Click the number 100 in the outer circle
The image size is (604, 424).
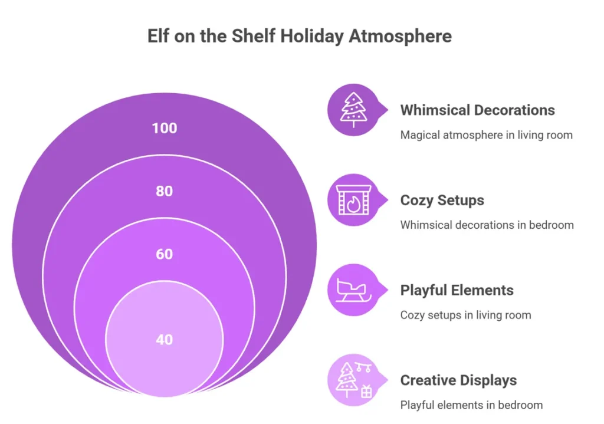point(165,128)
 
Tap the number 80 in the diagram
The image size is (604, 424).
point(165,191)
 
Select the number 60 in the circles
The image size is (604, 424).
point(165,254)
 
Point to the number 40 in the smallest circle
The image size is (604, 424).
point(165,340)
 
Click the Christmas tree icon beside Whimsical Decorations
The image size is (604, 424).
point(354,110)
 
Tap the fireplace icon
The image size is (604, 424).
point(354,200)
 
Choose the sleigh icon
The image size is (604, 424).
point(353,290)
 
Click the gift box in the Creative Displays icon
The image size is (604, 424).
point(366,392)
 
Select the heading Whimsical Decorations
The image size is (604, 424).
point(477,110)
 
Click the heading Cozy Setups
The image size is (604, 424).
point(442,201)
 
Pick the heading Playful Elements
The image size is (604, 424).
point(457,290)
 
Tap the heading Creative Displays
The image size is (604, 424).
point(458,380)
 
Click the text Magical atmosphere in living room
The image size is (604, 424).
point(486,135)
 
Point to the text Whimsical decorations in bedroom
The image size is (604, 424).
point(487,225)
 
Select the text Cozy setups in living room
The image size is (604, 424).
point(465,315)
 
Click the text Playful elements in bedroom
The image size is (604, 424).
point(471,405)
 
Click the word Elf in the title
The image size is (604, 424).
point(158,36)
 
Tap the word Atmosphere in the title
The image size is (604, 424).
point(401,37)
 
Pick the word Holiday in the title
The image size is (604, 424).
point(311,37)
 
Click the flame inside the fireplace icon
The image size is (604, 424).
point(353,203)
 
